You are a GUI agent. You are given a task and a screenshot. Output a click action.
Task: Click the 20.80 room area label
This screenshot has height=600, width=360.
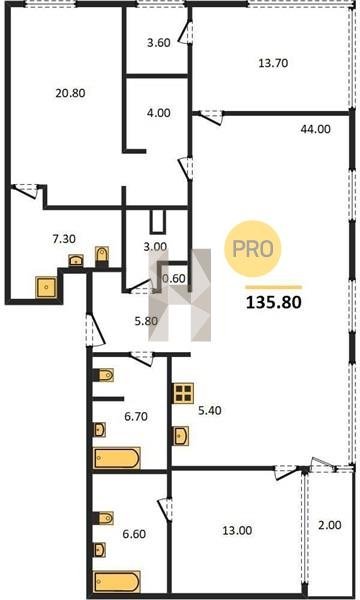[x=70, y=93]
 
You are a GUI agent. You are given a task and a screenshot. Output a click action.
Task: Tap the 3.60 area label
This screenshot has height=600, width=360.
[x=159, y=42]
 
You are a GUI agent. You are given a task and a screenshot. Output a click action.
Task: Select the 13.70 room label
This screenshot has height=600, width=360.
[x=273, y=63]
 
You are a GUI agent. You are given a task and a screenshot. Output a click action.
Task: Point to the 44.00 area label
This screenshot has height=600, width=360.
[x=315, y=129]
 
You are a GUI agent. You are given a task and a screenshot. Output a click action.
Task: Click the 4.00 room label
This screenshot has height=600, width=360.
[x=159, y=113]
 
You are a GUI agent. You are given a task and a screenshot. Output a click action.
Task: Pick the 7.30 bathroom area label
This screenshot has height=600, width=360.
[x=64, y=239]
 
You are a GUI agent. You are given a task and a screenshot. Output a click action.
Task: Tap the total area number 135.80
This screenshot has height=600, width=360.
[x=274, y=303]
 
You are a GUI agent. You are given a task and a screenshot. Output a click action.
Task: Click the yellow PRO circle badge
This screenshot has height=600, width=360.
[x=252, y=249]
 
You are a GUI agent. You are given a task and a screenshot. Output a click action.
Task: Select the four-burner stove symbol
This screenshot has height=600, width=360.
[x=183, y=393]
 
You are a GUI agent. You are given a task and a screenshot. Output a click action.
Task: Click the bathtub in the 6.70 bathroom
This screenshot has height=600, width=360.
[x=117, y=458]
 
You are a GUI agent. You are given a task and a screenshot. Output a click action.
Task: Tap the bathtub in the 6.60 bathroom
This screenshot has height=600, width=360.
[x=117, y=582]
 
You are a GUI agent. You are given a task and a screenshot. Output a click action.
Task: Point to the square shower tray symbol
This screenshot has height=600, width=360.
[x=47, y=287]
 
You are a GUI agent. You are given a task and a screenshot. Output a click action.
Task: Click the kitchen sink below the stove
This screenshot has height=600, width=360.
[x=181, y=435]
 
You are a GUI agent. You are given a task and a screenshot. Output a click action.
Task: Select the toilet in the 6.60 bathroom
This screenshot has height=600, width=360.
[x=104, y=518]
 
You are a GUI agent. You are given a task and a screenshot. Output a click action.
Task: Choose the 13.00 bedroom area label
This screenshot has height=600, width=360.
[x=237, y=531]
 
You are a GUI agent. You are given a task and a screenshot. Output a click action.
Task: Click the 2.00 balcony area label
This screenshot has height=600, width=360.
[x=330, y=525]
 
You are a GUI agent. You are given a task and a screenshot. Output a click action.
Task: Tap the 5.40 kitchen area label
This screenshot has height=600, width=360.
[x=210, y=411]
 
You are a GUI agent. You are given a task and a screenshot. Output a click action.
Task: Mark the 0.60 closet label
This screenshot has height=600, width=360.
[x=174, y=279]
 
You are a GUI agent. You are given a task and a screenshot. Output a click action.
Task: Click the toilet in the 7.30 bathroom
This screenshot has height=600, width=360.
[x=102, y=255]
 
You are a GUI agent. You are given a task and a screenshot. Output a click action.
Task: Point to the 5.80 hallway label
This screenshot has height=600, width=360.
[x=146, y=321]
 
